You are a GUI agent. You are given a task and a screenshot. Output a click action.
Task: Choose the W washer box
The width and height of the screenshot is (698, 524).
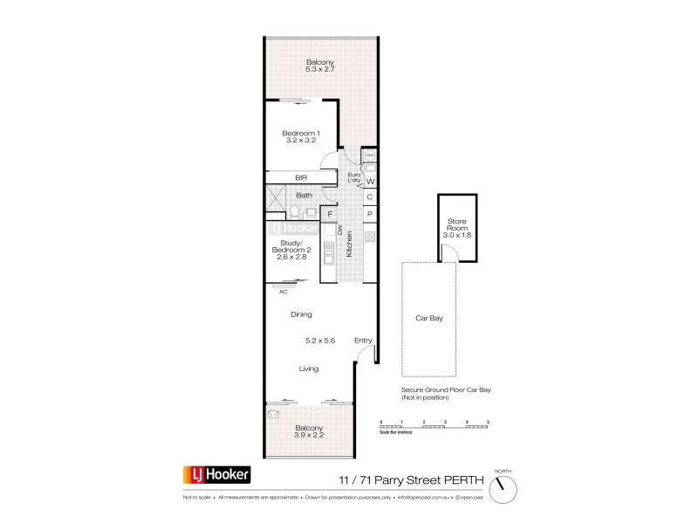370,182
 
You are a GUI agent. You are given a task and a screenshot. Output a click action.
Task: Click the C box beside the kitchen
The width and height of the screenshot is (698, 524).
370,197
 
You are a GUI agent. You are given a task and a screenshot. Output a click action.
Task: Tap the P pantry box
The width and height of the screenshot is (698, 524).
370,214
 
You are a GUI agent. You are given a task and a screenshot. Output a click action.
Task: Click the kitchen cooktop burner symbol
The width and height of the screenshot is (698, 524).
369,237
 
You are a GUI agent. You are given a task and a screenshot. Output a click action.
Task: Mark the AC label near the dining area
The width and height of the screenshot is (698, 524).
283,292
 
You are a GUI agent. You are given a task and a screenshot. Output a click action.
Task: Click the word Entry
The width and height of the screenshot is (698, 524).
363,341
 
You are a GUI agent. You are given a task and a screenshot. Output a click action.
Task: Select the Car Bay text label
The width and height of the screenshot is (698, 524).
429,319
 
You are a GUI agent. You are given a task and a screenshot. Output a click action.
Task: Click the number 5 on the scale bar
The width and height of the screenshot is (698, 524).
489,422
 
